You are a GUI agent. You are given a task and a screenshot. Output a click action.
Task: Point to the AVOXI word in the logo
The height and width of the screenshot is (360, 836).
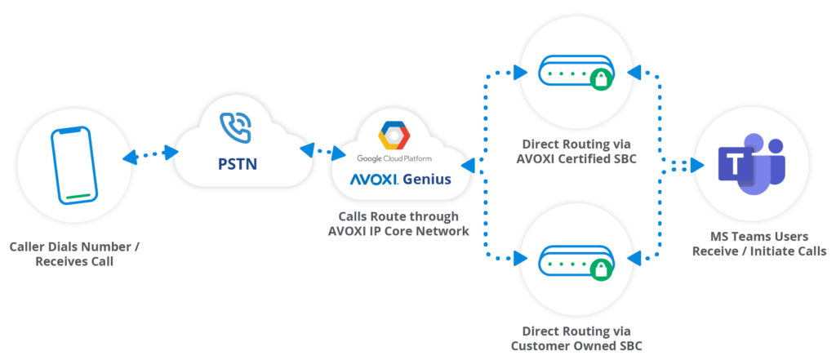(x=372, y=179)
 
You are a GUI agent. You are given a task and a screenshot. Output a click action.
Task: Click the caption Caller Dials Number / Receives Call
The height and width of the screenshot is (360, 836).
(x=74, y=253)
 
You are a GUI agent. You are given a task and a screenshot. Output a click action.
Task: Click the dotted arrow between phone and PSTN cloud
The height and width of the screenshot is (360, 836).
(x=149, y=153)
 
